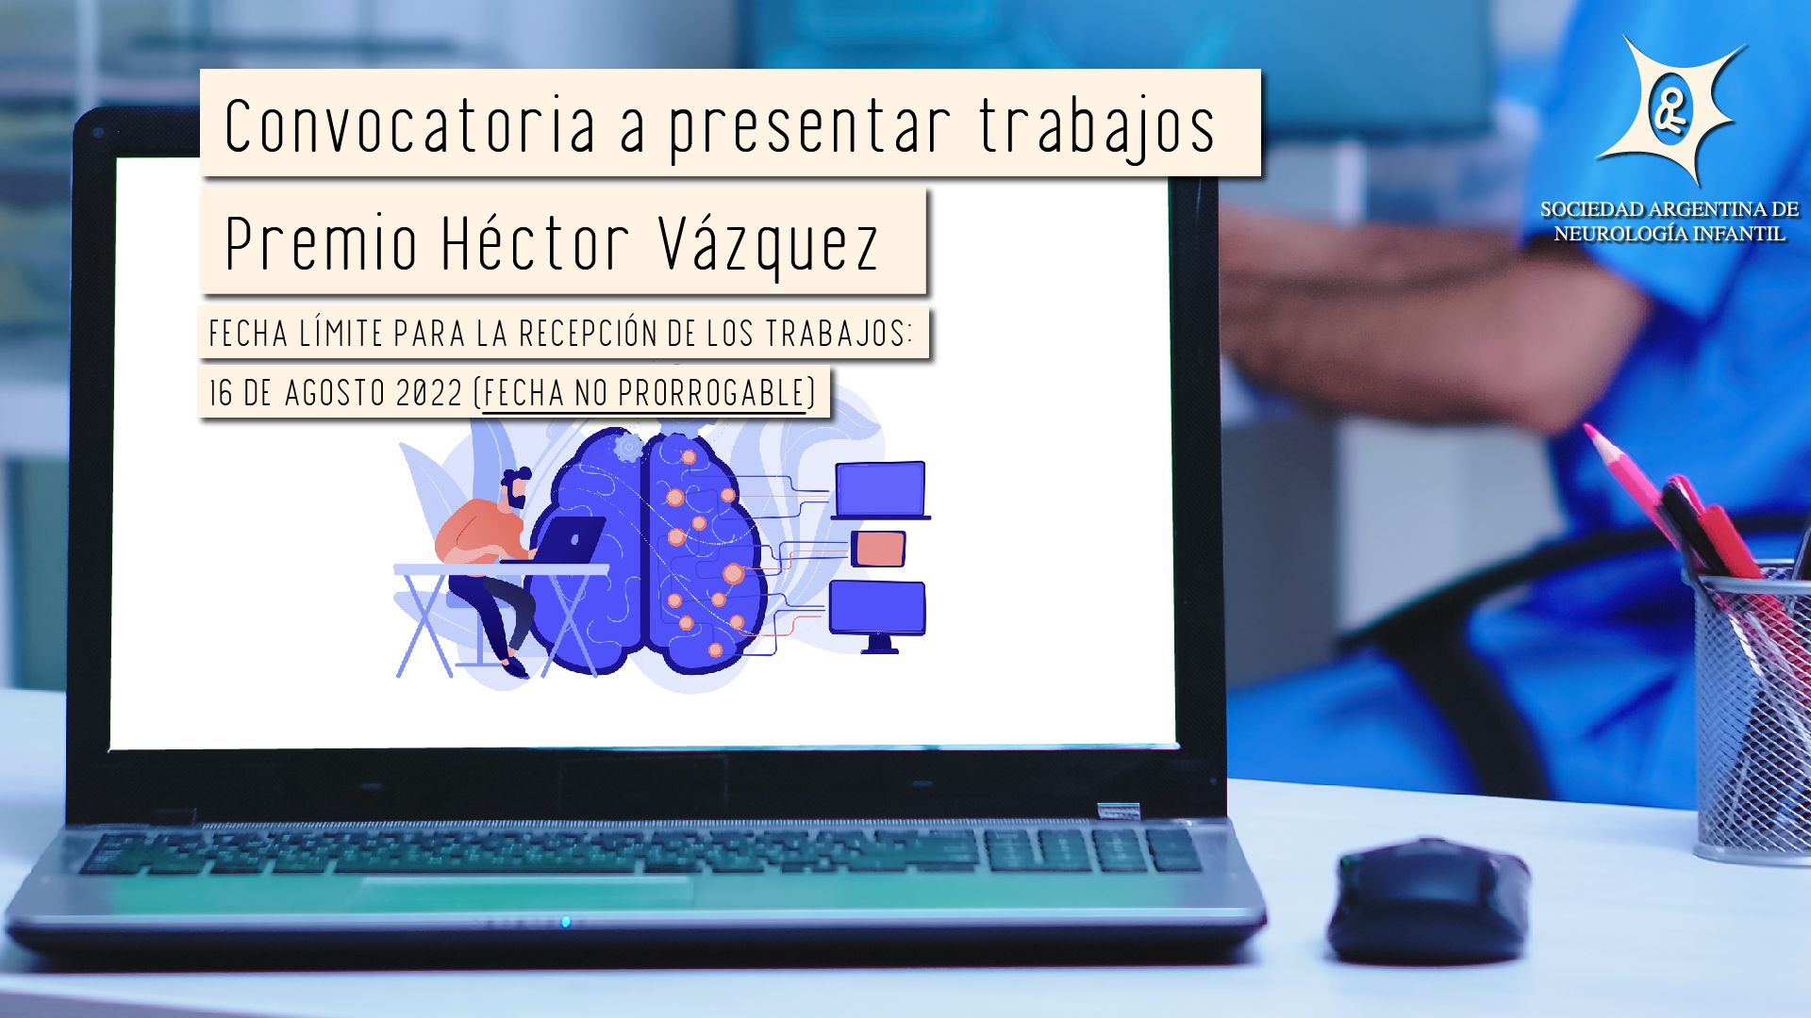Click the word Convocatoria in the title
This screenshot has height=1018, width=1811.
click(411, 124)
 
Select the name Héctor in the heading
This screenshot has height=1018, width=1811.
click(535, 242)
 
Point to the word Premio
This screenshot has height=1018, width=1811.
click(321, 243)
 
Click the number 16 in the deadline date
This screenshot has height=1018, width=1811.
click(221, 393)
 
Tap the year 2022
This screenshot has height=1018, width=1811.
click(429, 393)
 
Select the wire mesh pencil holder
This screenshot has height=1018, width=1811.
click(1752, 716)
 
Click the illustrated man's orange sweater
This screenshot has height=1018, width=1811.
click(478, 534)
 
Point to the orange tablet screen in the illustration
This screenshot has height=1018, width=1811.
click(879, 549)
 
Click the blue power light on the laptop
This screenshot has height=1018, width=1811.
click(566, 921)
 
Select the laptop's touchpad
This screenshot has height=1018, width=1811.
click(523, 893)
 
